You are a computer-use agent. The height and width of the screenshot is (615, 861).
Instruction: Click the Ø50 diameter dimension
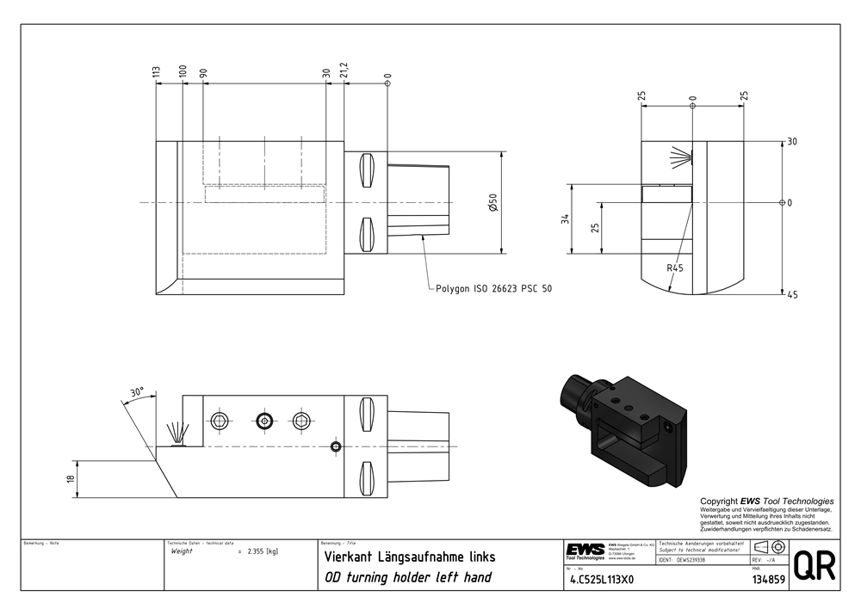pyautogui.click(x=492, y=203)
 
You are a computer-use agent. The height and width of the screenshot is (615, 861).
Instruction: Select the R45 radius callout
pyautogui.click(x=675, y=268)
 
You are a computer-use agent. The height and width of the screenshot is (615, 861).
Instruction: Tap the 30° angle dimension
pyautogui.click(x=136, y=391)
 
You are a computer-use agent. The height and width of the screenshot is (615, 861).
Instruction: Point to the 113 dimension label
pyautogui.click(x=157, y=74)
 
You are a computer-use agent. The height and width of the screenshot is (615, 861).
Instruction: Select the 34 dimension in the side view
pyautogui.click(x=565, y=218)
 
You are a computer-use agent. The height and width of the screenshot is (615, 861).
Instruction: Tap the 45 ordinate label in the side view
pyautogui.click(x=792, y=295)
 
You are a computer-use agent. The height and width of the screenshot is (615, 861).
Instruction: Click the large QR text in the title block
pyautogui.click(x=813, y=566)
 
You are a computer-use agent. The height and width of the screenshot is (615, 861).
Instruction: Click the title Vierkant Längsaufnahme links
pyautogui.click(x=409, y=557)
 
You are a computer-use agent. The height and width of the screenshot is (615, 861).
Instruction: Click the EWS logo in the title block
pyautogui.click(x=585, y=550)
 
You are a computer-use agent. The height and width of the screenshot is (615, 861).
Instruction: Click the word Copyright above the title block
pyautogui.click(x=720, y=501)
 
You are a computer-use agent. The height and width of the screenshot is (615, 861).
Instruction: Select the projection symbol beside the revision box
pyautogui.click(x=767, y=548)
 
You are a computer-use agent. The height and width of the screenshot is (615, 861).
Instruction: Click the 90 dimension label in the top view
pyautogui.click(x=204, y=74)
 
